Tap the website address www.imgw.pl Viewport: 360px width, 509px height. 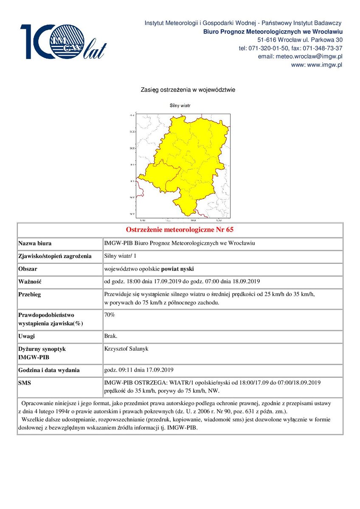(324, 65)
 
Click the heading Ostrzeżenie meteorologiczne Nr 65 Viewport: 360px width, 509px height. (180, 230)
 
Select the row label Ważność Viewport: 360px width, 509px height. (29, 282)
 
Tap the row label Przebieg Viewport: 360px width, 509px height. (30, 294)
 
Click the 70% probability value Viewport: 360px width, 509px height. (110, 315)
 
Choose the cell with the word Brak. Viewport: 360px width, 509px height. (111, 336)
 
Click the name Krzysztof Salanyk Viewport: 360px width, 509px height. (126, 349)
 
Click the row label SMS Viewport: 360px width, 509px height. (25, 383)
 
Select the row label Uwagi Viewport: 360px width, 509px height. (27, 336)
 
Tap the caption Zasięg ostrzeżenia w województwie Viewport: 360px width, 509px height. (188, 90)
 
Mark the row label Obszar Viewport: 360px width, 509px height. (28, 269)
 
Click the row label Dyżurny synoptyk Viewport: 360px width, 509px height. (42, 349)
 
